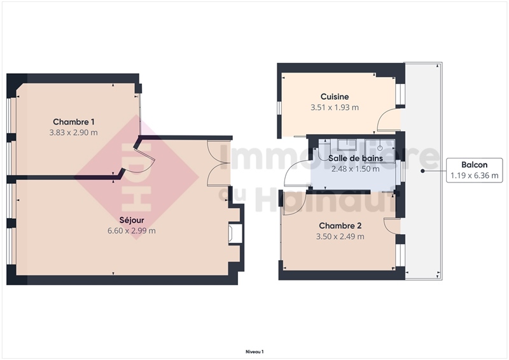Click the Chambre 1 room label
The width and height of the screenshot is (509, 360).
[x=74, y=121]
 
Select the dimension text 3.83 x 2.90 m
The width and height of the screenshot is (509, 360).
[x=73, y=132]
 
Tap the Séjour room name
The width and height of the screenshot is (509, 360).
[x=132, y=220]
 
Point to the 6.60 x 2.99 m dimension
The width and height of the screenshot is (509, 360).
[x=132, y=231]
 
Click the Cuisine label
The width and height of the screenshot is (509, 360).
[x=335, y=97]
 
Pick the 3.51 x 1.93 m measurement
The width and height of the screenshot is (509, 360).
[x=335, y=107]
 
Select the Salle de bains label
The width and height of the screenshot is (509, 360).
[x=356, y=158]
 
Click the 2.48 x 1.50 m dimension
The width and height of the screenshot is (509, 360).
[x=356, y=169]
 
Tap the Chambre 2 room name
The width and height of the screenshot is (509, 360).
[x=340, y=226]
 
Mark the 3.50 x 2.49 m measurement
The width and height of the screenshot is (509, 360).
[x=340, y=237]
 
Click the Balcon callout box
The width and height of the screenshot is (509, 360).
[x=474, y=170]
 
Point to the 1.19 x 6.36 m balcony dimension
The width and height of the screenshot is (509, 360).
[x=474, y=176]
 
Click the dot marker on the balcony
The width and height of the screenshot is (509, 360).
[x=422, y=170]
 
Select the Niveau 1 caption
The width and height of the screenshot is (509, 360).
[x=254, y=352]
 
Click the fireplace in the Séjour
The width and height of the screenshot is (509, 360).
[x=235, y=232]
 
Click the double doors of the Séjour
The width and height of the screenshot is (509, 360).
[x=219, y=163]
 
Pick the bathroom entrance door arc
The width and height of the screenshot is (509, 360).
[x=295, y=173]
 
